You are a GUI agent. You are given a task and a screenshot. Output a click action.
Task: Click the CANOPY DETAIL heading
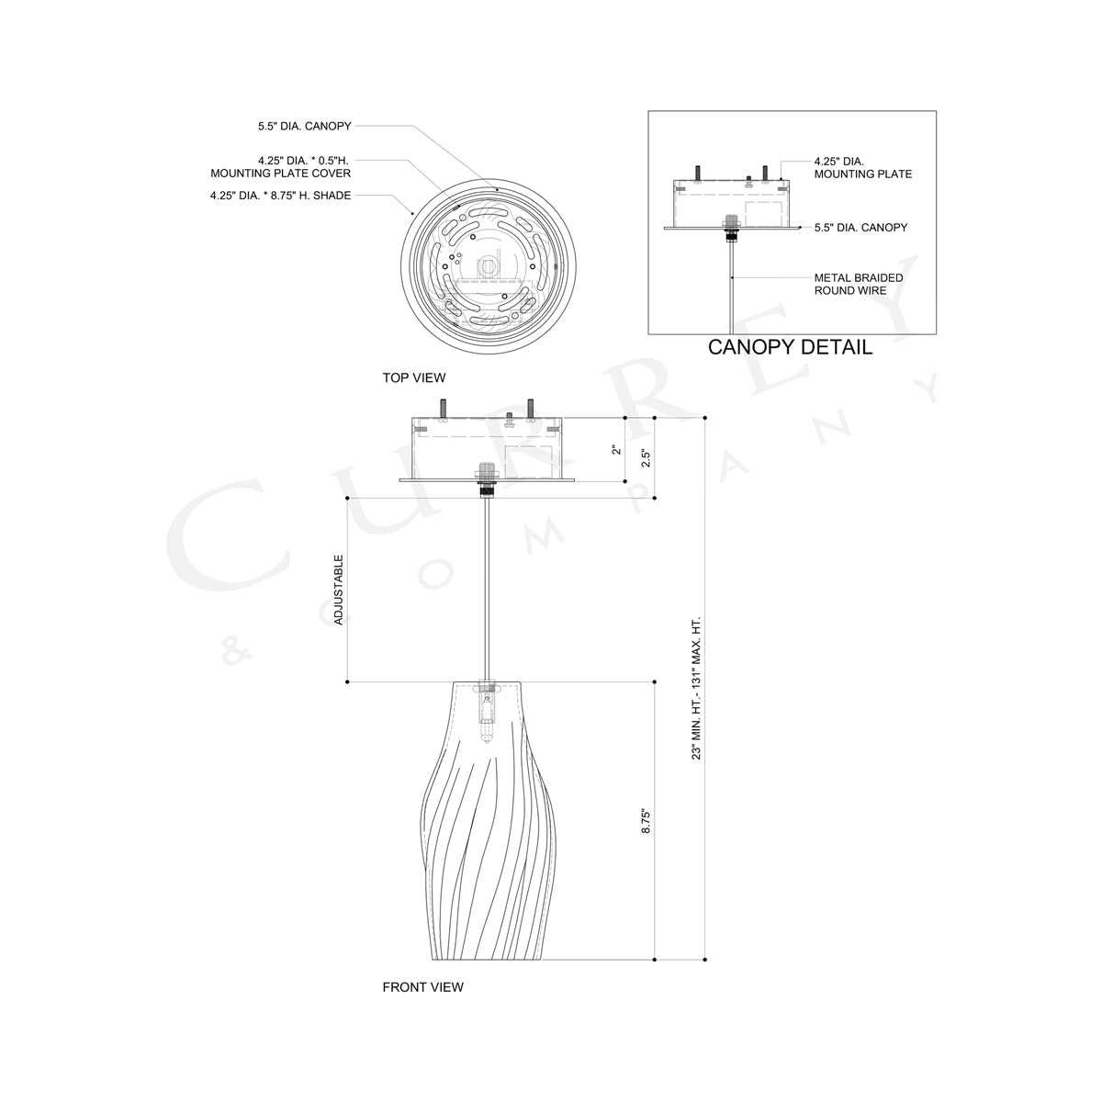(790, 347)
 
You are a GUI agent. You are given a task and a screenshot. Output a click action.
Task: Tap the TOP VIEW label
(413, 377)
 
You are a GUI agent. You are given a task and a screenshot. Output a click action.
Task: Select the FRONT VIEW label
(422, 987)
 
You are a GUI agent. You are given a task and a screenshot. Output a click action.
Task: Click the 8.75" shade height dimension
(647, 821)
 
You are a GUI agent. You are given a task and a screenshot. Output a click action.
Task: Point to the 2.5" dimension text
(646, 457)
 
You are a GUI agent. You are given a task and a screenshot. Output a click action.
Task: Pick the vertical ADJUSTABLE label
(339, 590)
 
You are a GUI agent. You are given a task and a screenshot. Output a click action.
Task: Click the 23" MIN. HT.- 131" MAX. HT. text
(697, 687)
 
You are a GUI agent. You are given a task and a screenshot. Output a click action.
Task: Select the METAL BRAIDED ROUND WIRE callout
(859, 284)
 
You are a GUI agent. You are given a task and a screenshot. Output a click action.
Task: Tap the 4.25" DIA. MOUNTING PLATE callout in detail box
(862, 167)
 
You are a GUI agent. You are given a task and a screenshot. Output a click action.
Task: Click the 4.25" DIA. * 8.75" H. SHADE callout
(280, 195)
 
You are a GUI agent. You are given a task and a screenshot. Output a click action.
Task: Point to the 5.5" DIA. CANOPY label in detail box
(860, 227)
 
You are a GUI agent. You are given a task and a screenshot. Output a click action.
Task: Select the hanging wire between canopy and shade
(487, 588)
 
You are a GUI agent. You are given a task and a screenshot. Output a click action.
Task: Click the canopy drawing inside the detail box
(731, 202)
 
